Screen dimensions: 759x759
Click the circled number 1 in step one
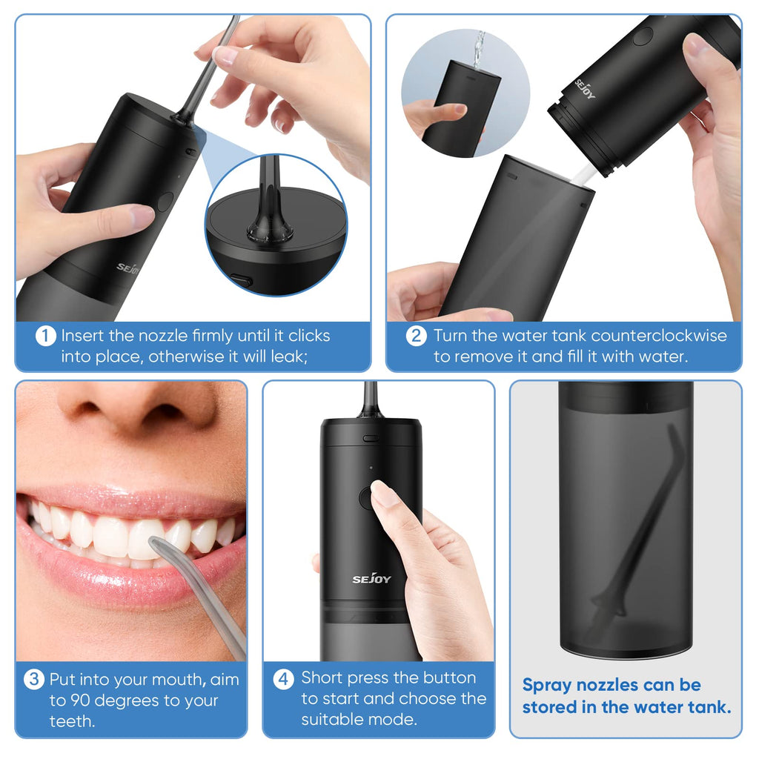coord(45,336)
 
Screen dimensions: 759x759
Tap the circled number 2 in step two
coord(417,336)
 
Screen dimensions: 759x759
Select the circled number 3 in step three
coord(34,679)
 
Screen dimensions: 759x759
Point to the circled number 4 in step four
coord(284,679)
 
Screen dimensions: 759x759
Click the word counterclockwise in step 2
coord(659,336)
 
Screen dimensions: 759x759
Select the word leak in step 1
coord(288,357)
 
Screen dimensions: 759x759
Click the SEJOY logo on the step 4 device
coord(371,578)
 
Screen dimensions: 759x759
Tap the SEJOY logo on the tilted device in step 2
coord(585,89)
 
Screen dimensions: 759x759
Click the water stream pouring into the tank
coord(479,48)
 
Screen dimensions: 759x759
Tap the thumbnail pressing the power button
coord(382,493)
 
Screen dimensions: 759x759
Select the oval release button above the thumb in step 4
coord(371,439)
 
